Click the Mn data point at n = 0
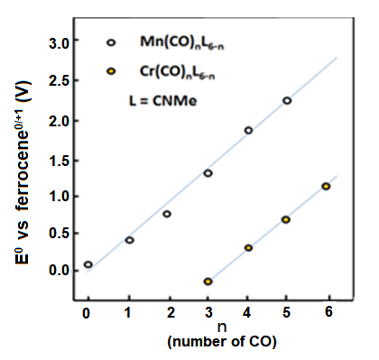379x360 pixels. point(88,264)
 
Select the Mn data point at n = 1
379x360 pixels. point(130,240)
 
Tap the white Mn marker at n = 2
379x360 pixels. point(167,214)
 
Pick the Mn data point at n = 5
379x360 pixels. point(287,100)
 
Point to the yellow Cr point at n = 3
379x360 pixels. point(208,282)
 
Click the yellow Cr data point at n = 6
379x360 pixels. point(326,186)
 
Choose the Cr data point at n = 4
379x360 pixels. point(248,247)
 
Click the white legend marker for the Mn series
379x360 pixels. point(111,42)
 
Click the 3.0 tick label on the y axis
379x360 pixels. point(59,43)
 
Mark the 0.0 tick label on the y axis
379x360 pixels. point(59,270)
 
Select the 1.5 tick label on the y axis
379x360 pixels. point(59,156)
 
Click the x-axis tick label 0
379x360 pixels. point(87,312)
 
